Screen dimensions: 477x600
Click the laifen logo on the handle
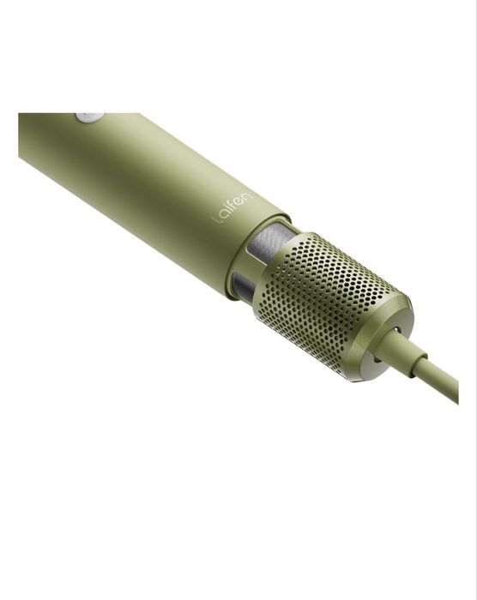point(233,207)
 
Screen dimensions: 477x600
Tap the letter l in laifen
point(216,220)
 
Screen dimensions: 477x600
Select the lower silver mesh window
point(243,285)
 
